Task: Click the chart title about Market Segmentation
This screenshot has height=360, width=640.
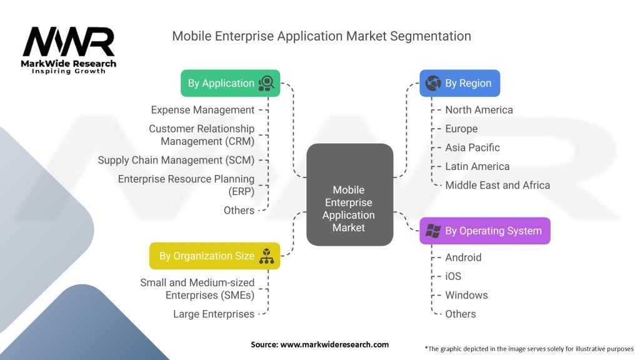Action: [x=321, y=36]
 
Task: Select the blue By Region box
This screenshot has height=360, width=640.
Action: [x=459, y=83]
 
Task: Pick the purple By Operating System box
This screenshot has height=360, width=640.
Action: [x=484, y=231]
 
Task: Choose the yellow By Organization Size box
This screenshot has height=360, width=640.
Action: [x=214, y=256]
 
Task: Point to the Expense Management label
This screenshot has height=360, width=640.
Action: [x=202, y=110]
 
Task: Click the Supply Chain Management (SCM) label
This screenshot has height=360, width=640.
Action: [x=176, y=160]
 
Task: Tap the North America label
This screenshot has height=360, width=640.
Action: [x=479, y=110]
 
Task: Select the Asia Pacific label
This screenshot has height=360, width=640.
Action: [x=472, y=147]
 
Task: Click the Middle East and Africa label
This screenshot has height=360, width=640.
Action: [x=497, y=185]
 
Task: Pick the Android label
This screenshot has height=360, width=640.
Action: [x=463, y=257]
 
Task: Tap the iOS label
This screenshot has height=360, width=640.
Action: [x=453, y=276]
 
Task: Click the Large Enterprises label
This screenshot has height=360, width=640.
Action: [x=214, y=314]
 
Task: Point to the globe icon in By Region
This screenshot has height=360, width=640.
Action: [x=432, y=83]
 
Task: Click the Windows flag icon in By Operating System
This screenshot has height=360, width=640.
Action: [x=432, y=231]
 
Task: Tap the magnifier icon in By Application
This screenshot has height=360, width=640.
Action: [x=267, y=83]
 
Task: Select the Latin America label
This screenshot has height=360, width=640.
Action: [x=477, y=166]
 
